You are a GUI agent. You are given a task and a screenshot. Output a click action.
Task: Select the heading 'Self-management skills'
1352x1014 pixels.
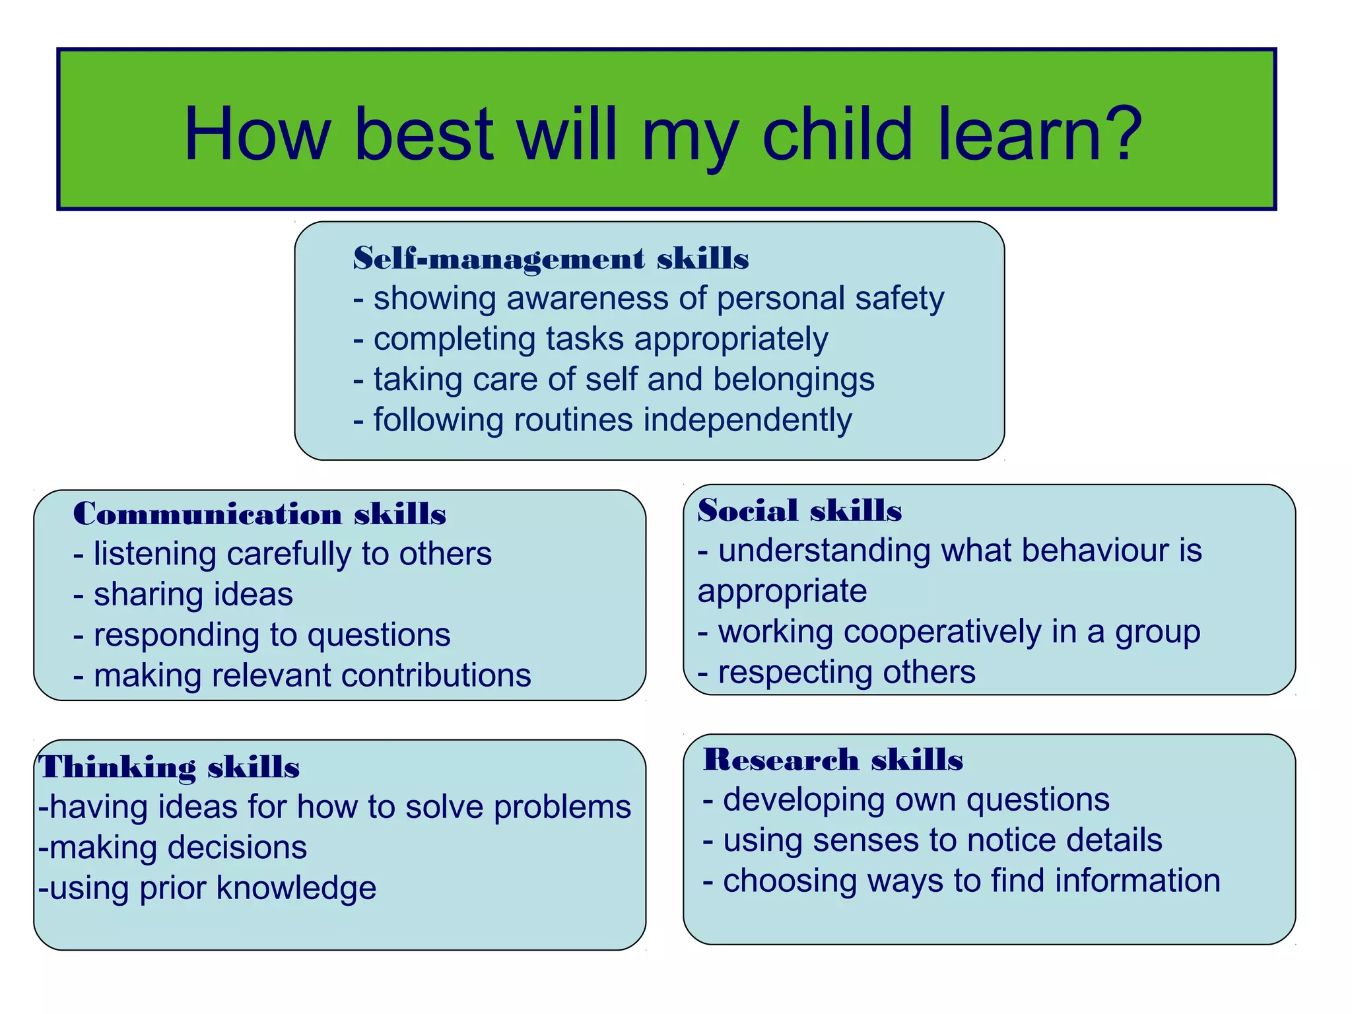[x=551, y=258]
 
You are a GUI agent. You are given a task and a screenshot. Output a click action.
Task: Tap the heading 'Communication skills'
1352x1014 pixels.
[x=259, y=514]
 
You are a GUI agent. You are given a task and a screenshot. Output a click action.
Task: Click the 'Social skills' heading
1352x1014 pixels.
[x=799, y=510]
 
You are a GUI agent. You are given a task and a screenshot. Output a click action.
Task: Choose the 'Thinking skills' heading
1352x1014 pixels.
[x=169, y=767]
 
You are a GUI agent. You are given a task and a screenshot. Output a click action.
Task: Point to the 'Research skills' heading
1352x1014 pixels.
[x=833, y=759]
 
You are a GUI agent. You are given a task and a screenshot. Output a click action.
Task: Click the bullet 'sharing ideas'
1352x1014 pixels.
[x=193, y=594]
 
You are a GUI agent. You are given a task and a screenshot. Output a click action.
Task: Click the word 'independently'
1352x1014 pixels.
[x=747, y=420]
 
